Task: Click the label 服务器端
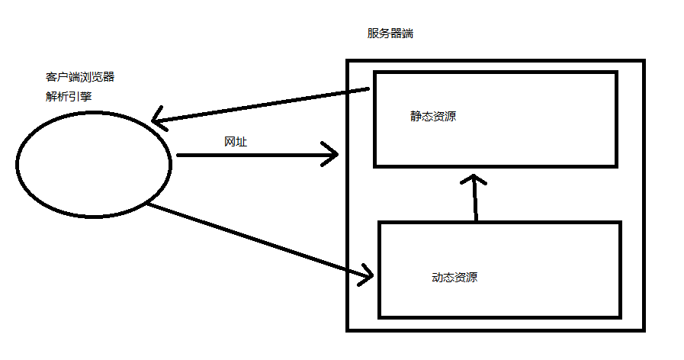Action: (x=390, y=34)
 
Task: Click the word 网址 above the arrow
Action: (x=235, y=142)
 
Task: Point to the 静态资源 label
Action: (x=433, y=117)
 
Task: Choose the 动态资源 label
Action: (x=454, y=278)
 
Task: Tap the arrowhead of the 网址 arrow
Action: (x=332, y=155)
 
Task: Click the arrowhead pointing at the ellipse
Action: (x=157, y=120)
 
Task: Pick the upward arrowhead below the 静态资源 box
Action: (x=474, y=180)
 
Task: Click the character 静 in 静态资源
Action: (x=416, y=117)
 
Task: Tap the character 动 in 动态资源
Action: (x=437, y=278)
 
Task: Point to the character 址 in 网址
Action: (x=241, y=142)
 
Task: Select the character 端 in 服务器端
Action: (x=408, y=34)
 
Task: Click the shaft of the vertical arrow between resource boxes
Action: (x=475, y=202)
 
